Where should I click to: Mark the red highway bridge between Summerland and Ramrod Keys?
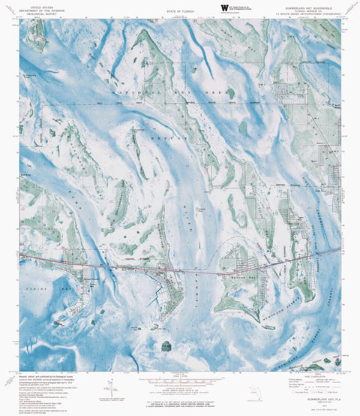pos(199,269)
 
